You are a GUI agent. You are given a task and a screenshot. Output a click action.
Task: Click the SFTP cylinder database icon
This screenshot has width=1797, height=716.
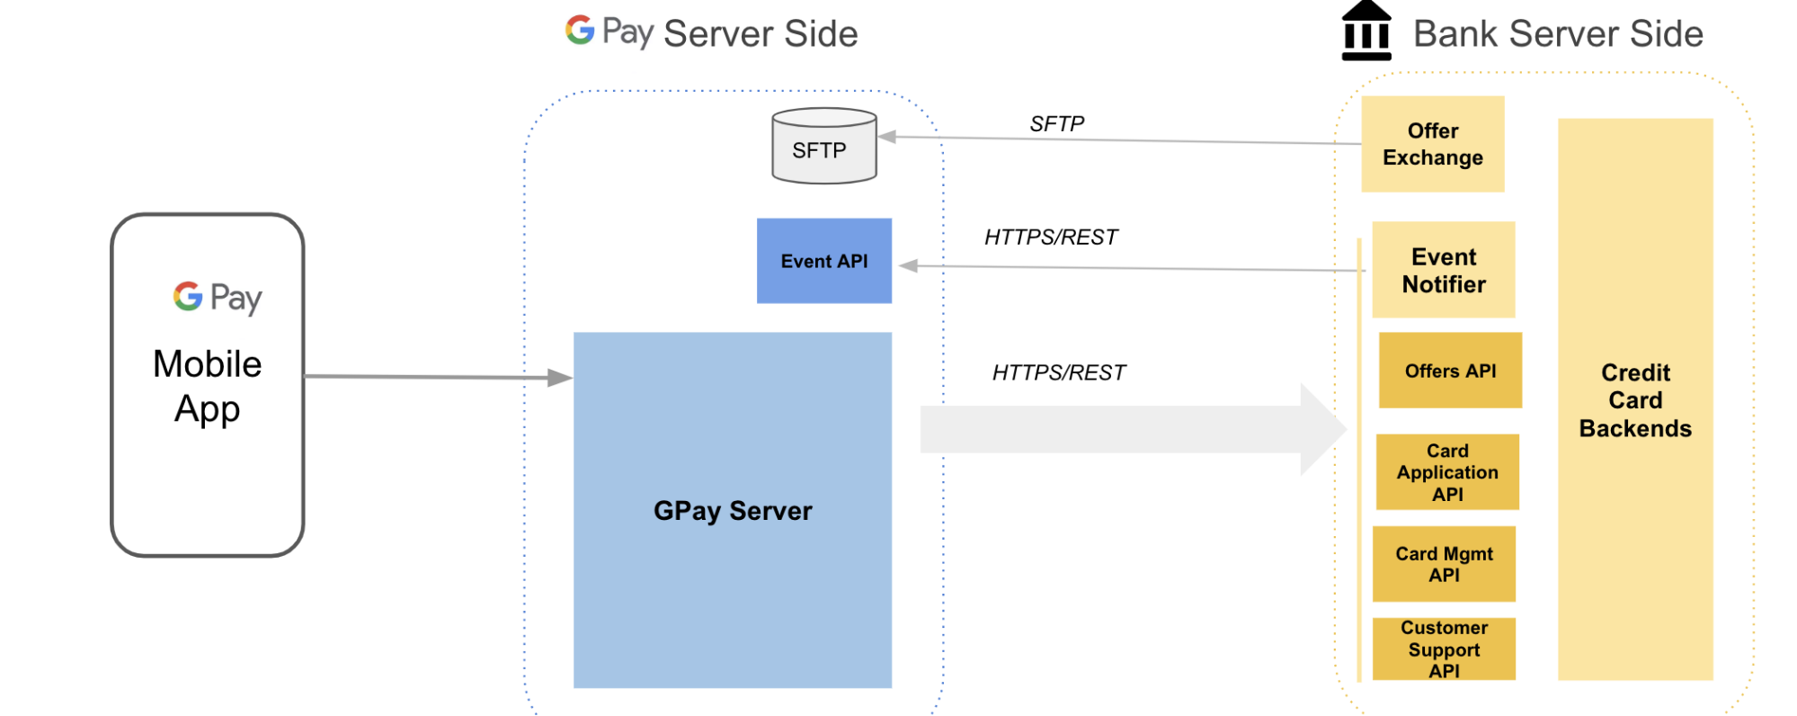[x=824, y=146]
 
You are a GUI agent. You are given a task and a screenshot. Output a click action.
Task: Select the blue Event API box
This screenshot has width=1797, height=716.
[x=824, y=261]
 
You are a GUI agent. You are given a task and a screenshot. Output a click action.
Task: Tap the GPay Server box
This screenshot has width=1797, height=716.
[x=733, y=510]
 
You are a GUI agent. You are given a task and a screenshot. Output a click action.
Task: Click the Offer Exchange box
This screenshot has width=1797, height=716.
[x=1433, y=144]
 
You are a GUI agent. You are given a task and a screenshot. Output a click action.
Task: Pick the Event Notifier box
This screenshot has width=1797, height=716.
[x=1444, y=270]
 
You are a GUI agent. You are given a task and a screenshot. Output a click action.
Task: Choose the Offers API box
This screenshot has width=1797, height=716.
[x=1450, y=371]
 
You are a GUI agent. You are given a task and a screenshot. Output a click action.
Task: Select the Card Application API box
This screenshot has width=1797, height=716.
[x=1447, y=472]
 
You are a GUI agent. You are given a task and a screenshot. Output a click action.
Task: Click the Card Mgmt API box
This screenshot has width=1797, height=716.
[x=1444, y=564]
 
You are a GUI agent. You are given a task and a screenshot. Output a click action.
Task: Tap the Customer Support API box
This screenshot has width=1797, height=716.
[x=1444, y=649]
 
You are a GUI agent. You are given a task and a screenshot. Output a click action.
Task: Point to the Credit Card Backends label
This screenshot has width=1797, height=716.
[x=1635, y=400]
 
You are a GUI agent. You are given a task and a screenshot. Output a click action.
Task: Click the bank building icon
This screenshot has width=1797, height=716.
[x=1366, y=31]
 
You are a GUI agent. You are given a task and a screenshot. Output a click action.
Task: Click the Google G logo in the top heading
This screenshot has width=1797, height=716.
[x=580, y=30]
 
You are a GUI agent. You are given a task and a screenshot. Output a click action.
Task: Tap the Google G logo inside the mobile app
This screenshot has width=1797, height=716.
[x=188, y=296]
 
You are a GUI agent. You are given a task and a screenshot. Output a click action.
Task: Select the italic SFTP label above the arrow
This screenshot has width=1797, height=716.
[x=1057, y=123]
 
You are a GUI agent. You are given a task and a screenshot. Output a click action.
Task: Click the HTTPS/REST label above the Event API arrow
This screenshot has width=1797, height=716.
[x=1051, y=237]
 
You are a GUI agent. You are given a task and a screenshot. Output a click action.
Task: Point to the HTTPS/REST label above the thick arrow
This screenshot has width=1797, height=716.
[x=1059, y=372]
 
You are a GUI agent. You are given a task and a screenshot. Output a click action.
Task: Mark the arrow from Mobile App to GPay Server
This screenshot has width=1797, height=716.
[x=439, y=377]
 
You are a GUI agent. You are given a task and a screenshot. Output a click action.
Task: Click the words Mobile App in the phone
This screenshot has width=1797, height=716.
[x=208, y=386]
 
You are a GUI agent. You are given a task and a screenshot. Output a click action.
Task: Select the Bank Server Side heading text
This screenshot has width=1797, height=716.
[x=1558, y=33]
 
